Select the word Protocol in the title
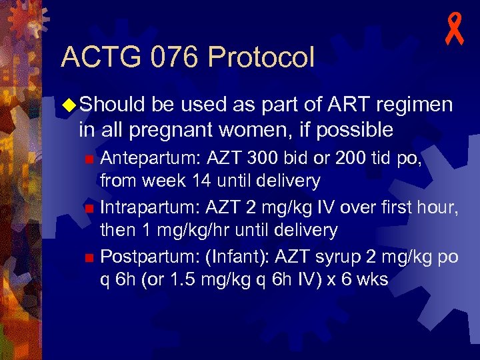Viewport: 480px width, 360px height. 261,57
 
